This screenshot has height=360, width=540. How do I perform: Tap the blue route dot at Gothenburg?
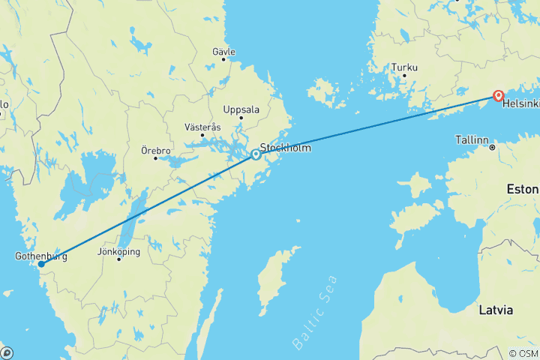coord(41,264)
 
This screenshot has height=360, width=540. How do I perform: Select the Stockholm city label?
coord(285,148)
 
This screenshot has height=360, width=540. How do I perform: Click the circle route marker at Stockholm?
coord(256,154)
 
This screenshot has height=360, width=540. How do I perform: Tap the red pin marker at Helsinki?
coord(497,95)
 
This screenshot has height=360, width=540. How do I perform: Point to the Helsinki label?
coord(520,103)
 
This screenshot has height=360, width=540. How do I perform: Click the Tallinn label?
coord(472,140)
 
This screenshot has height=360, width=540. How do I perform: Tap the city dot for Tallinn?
coord(492,148)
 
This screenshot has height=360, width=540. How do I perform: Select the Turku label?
coord(403,67)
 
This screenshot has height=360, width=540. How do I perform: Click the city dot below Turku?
coord(404,75)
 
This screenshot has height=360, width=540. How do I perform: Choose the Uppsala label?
coord(241,109)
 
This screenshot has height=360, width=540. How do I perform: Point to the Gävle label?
coord(223,52)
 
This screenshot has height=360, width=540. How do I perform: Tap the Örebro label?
coord(156,150)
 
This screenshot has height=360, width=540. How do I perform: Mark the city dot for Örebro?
coord(156,158)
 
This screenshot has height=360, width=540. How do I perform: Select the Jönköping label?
coord(118,252)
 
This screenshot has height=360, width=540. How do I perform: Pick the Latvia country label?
coord(496,309)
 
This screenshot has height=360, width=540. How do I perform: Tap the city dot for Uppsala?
coord(241,118)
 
